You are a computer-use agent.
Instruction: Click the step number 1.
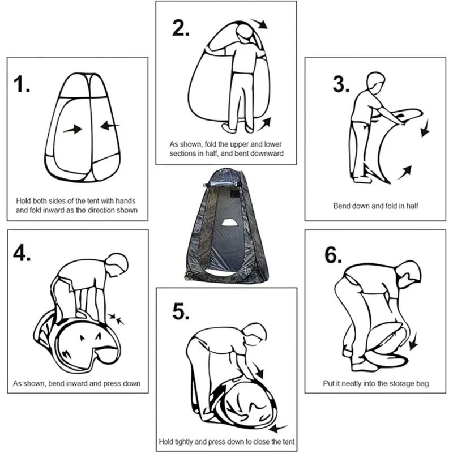22,84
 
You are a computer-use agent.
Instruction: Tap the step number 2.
181,28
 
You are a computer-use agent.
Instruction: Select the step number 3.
341,84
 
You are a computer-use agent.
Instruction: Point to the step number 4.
22,253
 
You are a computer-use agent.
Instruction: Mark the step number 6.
333,255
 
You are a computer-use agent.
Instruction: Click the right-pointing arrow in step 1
72,130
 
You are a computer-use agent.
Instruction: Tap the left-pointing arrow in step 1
110,125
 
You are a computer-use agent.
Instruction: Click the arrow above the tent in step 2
259,24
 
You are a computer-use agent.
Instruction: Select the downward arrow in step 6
414,341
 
